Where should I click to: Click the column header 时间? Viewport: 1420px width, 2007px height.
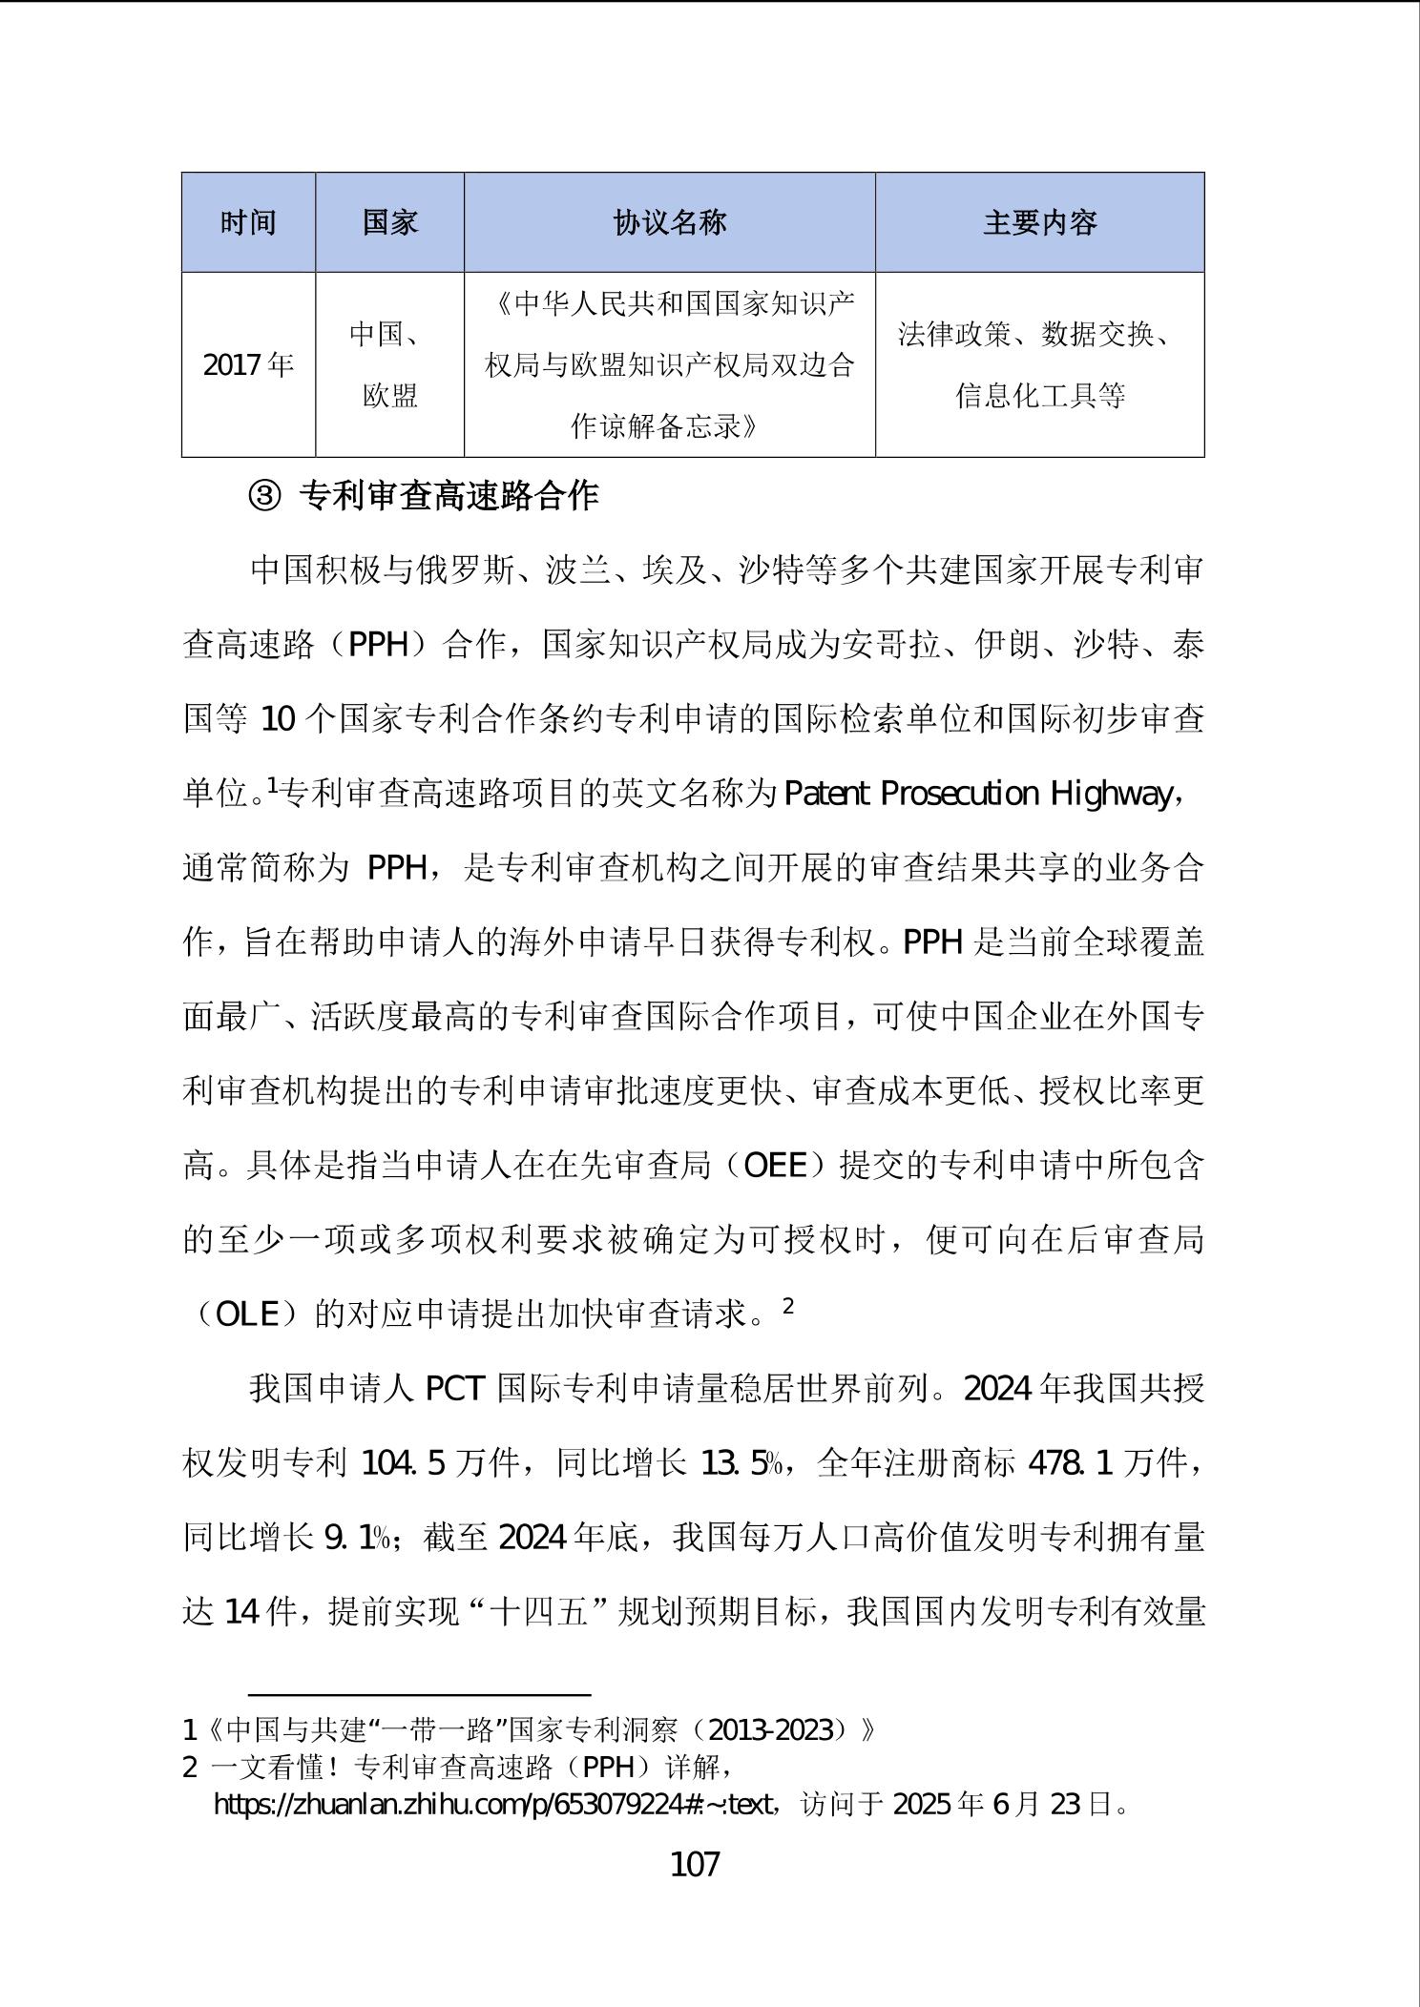[248, 223]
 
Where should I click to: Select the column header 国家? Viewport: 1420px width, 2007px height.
[389, 223]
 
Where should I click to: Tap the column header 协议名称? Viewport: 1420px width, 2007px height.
[669, 223]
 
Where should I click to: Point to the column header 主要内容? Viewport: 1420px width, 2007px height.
[1039, 223]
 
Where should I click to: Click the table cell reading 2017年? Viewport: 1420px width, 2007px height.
[248, 365]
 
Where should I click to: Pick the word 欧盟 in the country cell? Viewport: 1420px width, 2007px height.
[389, 396]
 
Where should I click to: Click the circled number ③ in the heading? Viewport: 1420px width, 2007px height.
[264, 496]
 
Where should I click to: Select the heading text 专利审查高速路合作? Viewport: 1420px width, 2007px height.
[449, 496]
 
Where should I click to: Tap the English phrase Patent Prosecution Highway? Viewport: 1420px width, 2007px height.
[977, 795]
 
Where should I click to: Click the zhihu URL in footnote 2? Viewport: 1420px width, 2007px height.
[493, 1805]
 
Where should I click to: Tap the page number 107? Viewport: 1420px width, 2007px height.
[696, 1864]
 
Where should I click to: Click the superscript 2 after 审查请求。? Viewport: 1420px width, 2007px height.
[788, 1306]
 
